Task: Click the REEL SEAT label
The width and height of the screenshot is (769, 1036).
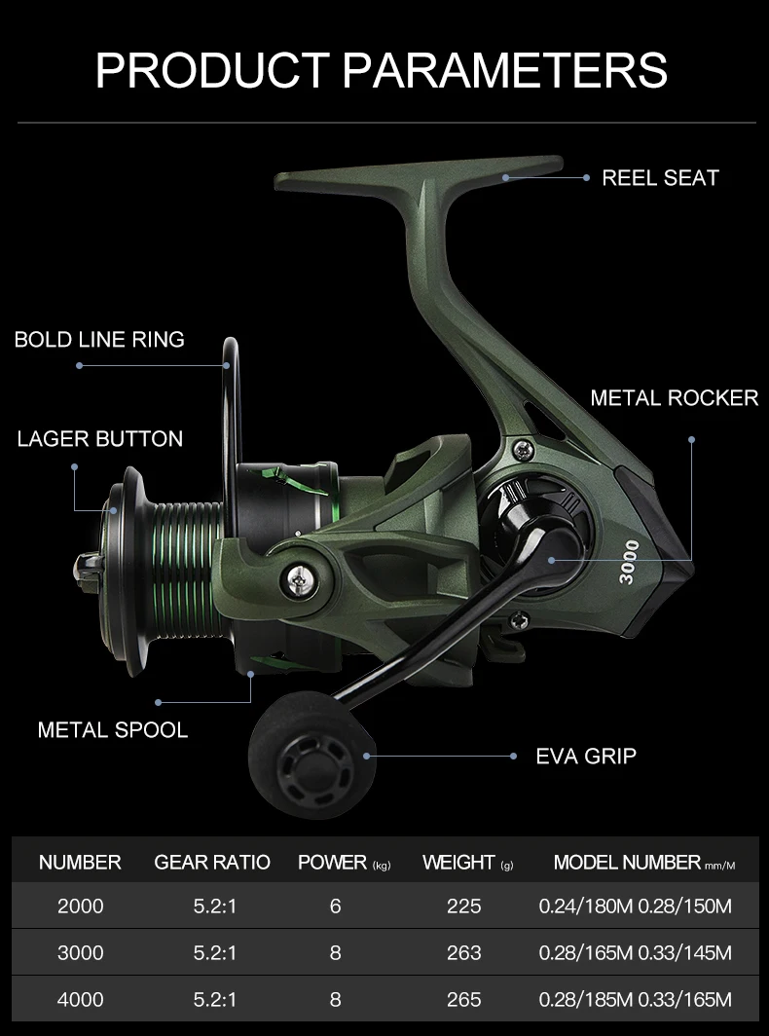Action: click(x=660, y=178)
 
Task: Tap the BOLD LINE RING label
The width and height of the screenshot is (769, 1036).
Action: click(x=99, y=340)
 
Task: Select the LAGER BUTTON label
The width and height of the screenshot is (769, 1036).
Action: click(x=99, y=439)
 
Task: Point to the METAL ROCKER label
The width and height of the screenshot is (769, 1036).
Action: click(x=674, y=398)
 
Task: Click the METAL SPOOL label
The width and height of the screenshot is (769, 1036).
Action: click(x=113, y=730)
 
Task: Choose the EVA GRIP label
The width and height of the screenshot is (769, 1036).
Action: click(x=586, y=756)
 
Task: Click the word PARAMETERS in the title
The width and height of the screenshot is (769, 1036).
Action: click(x=506, y=70)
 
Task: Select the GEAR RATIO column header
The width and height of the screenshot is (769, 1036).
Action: click(x=212, y=863)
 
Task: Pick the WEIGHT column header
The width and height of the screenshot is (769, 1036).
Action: click(x=458, y=863)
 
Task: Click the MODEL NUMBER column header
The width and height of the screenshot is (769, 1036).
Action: click(x=628, y=863)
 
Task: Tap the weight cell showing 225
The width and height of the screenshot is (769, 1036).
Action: click(x=463, y=906)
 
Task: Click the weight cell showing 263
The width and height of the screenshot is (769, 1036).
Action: click(x=463, y=953)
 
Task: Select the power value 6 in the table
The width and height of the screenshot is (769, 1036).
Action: click(x=336, y=906)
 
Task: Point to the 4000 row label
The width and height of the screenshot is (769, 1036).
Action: click(x=80, y=1000)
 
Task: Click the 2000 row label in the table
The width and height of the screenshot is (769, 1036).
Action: click(x=80, y=906)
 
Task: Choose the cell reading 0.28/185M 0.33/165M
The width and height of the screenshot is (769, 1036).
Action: click(x=635, y=1000)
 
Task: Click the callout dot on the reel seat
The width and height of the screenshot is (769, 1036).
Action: click(x=506, y=178)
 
